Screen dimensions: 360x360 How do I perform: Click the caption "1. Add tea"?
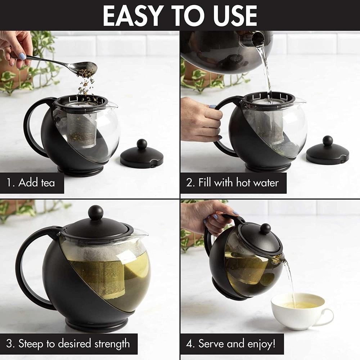pyautogui.click(x=32, y=183)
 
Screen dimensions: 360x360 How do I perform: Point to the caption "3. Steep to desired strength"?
pyautogui.click(x=69, y=343)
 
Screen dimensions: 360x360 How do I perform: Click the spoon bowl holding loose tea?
pyautogui.click(x=86, y=67)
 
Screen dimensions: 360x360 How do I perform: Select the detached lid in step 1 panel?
pyautogui.click(x=141, y=156)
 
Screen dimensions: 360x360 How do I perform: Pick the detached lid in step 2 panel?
pyautogui.click(x=327, y=152)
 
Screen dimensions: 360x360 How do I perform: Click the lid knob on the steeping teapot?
pyautogui.click(x=96, y=212)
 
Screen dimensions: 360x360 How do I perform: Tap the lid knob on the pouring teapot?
pyautogui.click(x=266, y=228)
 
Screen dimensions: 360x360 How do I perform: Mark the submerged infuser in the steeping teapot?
pyautogui.click(x=103, y=277)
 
